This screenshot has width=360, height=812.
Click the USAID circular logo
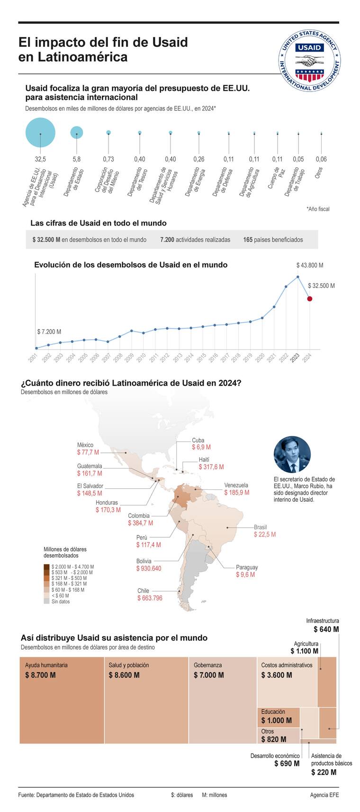pyautogui.click(x=309, y=60)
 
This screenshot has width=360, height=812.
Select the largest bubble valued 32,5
pyautogui.click(x=40, y=134)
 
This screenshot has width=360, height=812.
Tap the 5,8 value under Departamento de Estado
pyautogui.click(x=77, y=159)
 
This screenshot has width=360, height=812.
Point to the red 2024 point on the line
pyautogui.click(x=309, y=298)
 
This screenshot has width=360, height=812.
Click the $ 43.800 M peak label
pyautogui.click(x=310, y=265)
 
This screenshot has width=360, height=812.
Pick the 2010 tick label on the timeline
pyautogui.click(x=141, y=358)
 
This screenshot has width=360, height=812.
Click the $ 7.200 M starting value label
pyautogui.click(x=49, y=332)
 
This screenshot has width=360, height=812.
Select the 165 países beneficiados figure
pyautogui.click(x=273, y=240)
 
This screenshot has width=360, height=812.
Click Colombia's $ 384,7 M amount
pyautogui.click(x=140, y=523)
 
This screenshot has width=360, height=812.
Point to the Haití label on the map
pyautogui.click(x=204, y=460)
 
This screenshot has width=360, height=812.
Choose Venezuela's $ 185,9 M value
pyautogui.click(x=236, y=493)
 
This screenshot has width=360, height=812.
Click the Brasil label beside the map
pyautogui.click(x=260, y=527)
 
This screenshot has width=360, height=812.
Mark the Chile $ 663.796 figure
pyautogui.click(x=150, y=598)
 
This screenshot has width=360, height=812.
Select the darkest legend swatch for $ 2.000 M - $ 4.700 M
pyautogui.click(x=46, y=567)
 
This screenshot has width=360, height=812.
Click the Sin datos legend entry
pyautogui.click(x=61, y=601)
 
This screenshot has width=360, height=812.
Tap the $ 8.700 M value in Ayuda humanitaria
pyautogui.click(x=40, y=675)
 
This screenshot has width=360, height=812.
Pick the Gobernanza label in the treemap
pyautogui.click(x=207, y=665)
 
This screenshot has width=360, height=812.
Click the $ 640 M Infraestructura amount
pyautogui.click(x=326, y=630)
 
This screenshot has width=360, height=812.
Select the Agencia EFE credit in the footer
pyautogui.click(x=324, y=795)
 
